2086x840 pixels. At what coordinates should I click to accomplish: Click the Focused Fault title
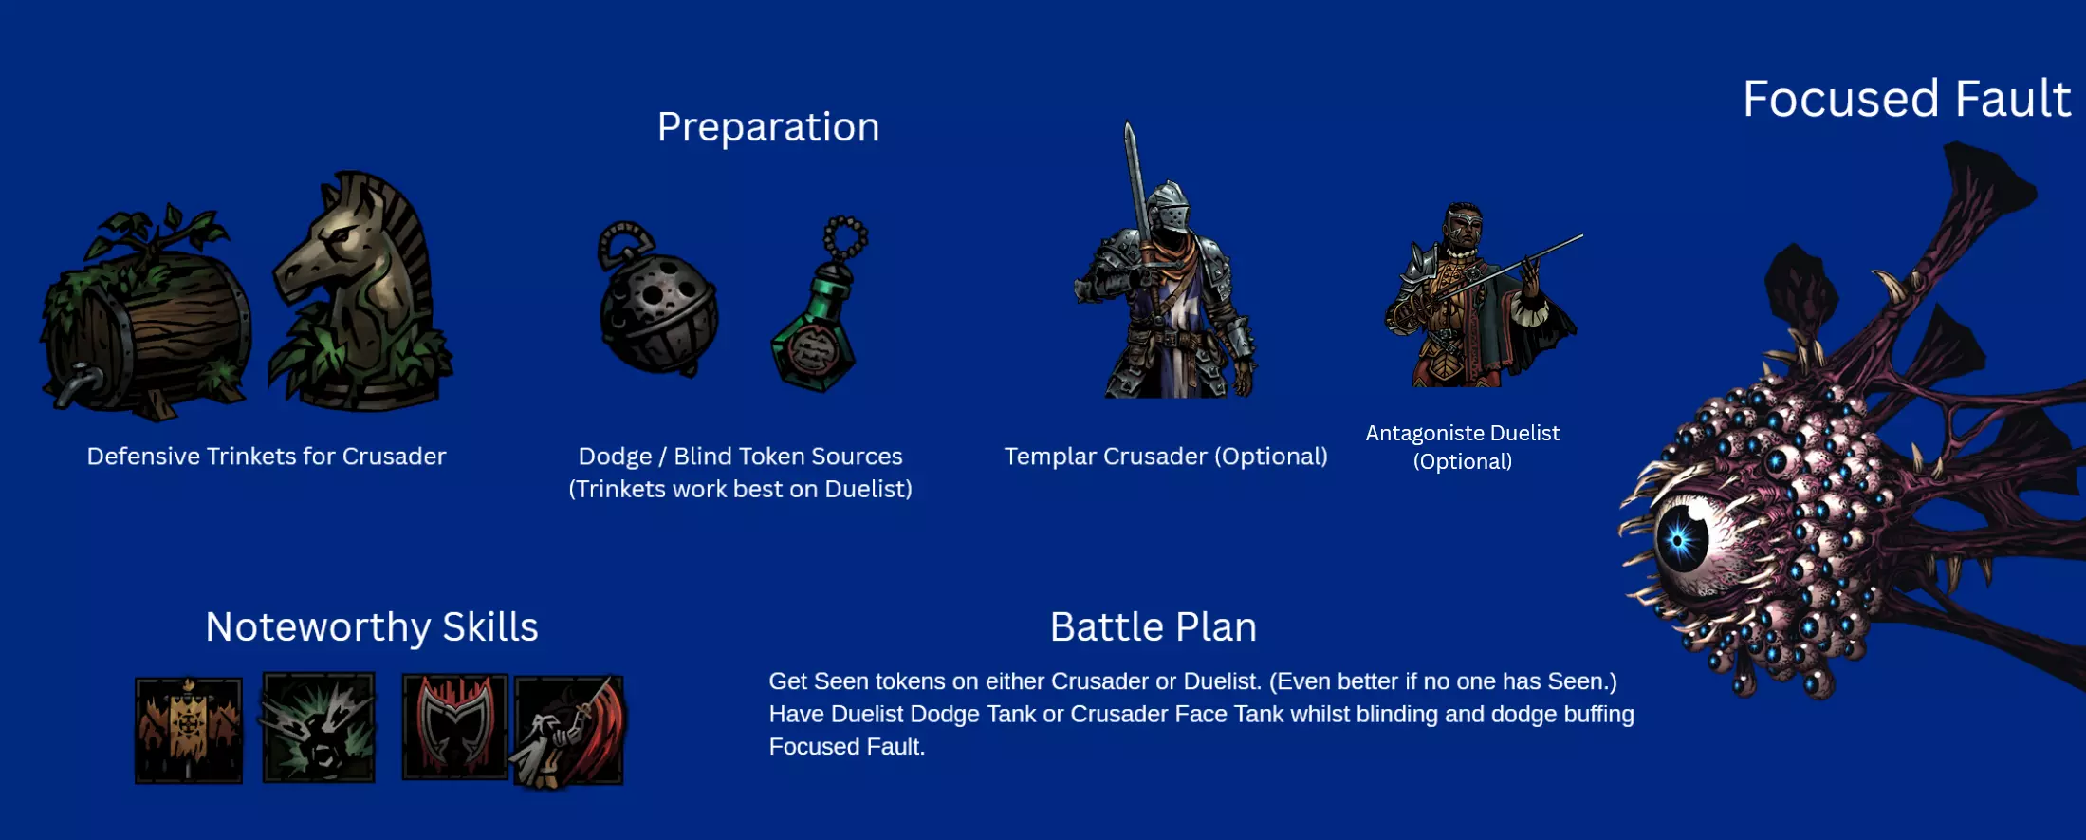[x=1906, y=99]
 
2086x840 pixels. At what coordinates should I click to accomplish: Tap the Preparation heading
[x=768, y=127]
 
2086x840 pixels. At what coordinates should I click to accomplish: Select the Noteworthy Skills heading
[x=372, y=626]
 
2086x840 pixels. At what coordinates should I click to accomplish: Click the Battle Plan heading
[x=1154, y=626]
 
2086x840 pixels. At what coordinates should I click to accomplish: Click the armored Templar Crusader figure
[x=1165, y=275]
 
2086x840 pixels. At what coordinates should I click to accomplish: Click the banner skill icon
[x=189, y=730]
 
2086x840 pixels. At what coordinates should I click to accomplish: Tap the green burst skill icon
[x=319, y=728]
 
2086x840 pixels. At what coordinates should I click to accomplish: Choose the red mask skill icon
[x=455, y=727]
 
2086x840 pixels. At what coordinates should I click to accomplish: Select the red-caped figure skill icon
[x=568, y=732]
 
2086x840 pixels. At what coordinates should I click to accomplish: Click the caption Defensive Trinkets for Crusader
[x=267, y=457]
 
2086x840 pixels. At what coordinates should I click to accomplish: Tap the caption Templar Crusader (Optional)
[x=1166, y=457]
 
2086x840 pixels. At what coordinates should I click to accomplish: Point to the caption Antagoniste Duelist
[x=1463, y=433]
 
